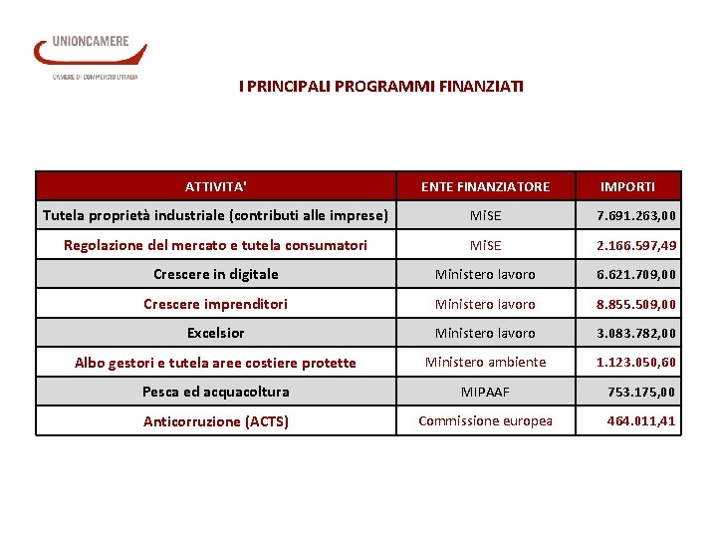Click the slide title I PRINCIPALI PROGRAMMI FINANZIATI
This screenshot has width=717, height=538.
point(381,87)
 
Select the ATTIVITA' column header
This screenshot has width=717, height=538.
point(216,186)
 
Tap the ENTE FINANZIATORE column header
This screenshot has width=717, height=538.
point(485,186)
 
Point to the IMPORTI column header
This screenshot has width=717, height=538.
point(627,186)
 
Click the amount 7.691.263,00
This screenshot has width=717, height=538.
point(636,215)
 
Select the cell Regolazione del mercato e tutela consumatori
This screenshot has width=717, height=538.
point(215,245)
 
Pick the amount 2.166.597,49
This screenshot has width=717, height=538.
point(636,245)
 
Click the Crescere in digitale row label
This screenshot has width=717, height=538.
point(216,274)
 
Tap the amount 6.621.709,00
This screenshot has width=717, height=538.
point(636,274)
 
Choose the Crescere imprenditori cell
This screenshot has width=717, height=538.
point(215,304)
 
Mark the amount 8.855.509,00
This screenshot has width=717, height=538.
point(636,304)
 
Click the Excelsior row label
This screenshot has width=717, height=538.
point(215,333)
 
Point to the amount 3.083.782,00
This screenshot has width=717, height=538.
point(636,333)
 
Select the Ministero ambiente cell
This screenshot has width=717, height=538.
point(485,362)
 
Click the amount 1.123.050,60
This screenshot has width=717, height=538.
point(636,362)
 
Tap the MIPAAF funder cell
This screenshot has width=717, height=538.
point(485,392)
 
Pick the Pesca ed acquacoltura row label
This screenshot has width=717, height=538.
point(215,392)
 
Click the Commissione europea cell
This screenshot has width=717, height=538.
point(485,420)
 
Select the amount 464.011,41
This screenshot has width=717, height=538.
point(641,420)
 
